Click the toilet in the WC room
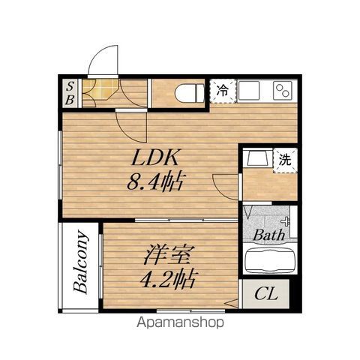tap(190, 93)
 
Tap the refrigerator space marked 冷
tap(223, 91)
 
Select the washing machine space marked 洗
tap(285, 160)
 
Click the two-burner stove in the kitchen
tap(283, 91)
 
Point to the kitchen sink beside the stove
tap(249, 91)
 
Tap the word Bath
tap(269, 235)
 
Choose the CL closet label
tap(266, 294)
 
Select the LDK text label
tap(155, 157)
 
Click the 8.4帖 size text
tap(156, 181)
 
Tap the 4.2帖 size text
tap(167, 279)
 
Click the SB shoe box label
tap(70, 94)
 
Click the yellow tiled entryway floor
tap(100, 88)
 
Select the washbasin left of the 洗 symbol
tap(257, 158)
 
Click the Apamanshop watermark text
tap(180, 322)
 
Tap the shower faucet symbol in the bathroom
tap(286, 221)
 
